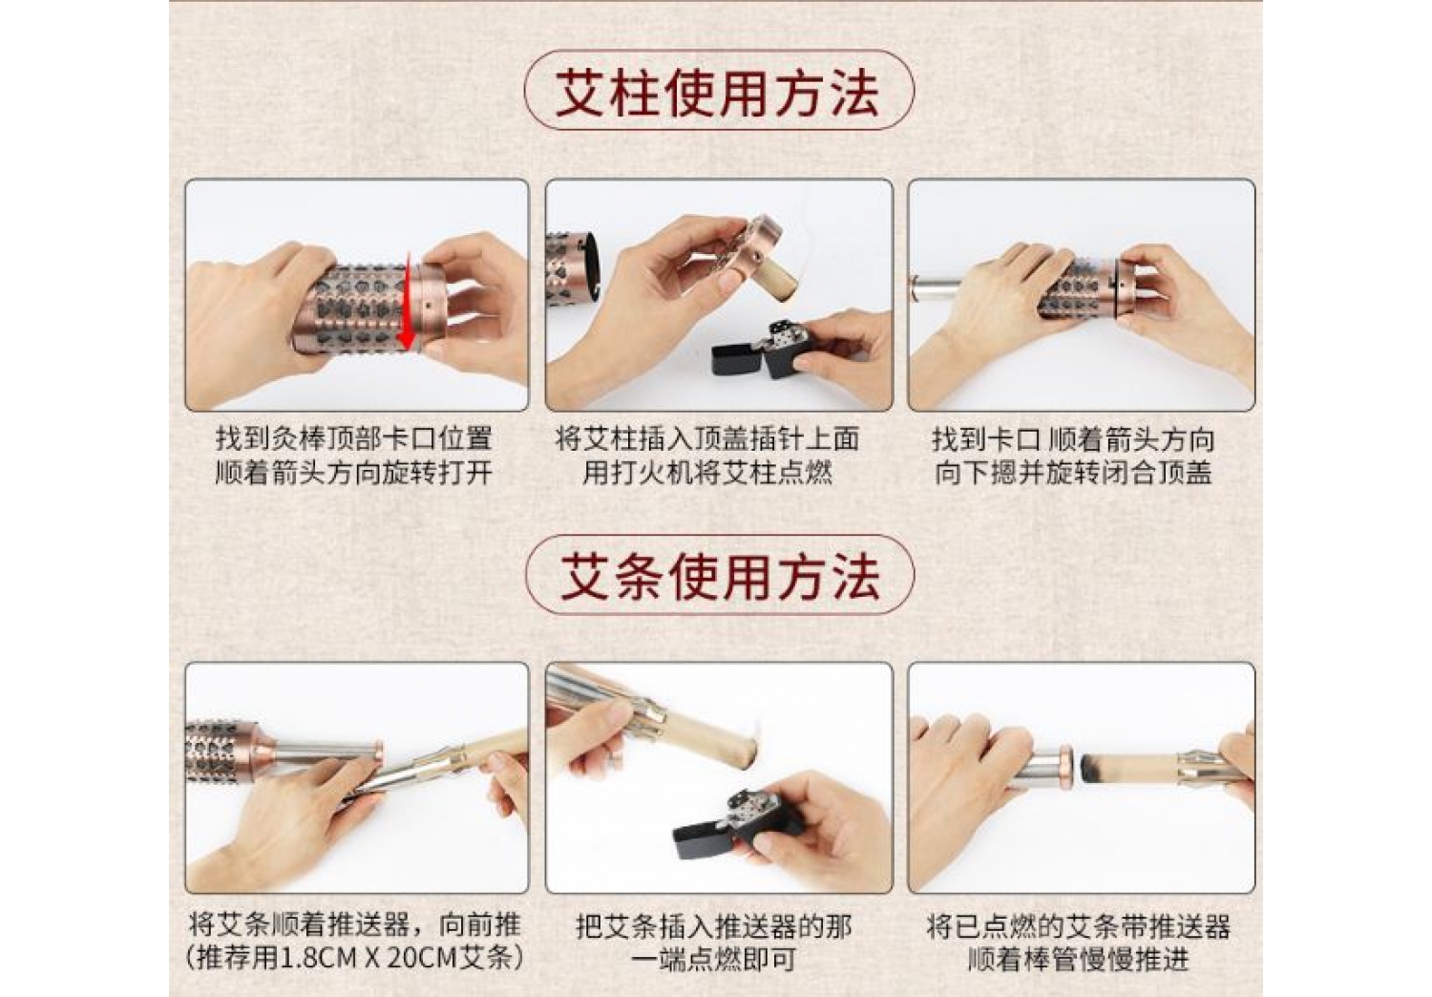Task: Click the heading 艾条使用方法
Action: tap(719, 578)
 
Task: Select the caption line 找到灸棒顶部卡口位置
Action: tap(353, 438)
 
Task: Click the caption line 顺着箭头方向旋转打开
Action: tap(353, 474)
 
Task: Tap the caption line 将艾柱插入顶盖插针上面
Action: tap(707, 438)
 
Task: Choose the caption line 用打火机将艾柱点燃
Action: tap(707, 474)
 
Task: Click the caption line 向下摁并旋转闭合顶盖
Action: tap(1073, 474)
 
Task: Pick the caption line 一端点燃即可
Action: tap(713, 959)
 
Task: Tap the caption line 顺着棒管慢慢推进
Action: tap(1079, 959)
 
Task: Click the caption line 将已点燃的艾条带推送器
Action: tap(1079, 925)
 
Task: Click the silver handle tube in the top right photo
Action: tap(936, 289)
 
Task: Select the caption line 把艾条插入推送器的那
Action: tap(713, 925)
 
